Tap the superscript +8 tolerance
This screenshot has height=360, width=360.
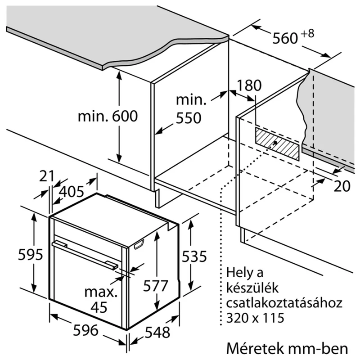click(307, 33)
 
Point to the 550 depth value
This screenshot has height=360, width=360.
click(188, 118)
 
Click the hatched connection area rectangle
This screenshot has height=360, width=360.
click(276, 143)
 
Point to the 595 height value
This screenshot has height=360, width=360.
click(30, 255)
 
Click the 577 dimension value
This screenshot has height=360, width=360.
click(155, 285)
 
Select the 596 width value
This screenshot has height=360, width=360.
click(85, 331)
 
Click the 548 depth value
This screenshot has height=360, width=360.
click(157, 333)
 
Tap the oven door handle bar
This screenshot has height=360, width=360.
click(85, 255)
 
